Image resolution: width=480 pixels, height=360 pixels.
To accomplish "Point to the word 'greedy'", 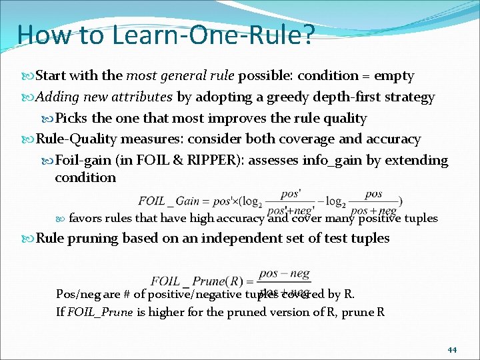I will click(x=288, y=97).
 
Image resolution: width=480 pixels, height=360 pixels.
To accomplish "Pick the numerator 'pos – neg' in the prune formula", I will click(x=284, y=273).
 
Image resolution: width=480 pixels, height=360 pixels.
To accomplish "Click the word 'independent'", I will click(x=229, y=238).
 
